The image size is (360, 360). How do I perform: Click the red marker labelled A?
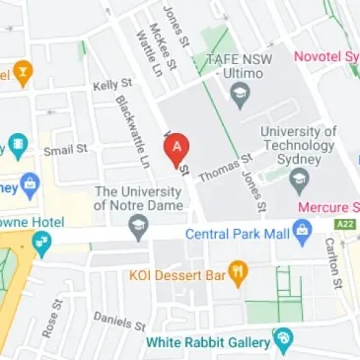[x=177, y=151]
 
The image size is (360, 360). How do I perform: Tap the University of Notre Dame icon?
[x=139, y=230]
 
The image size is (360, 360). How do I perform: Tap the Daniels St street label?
[x=119, y=320]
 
